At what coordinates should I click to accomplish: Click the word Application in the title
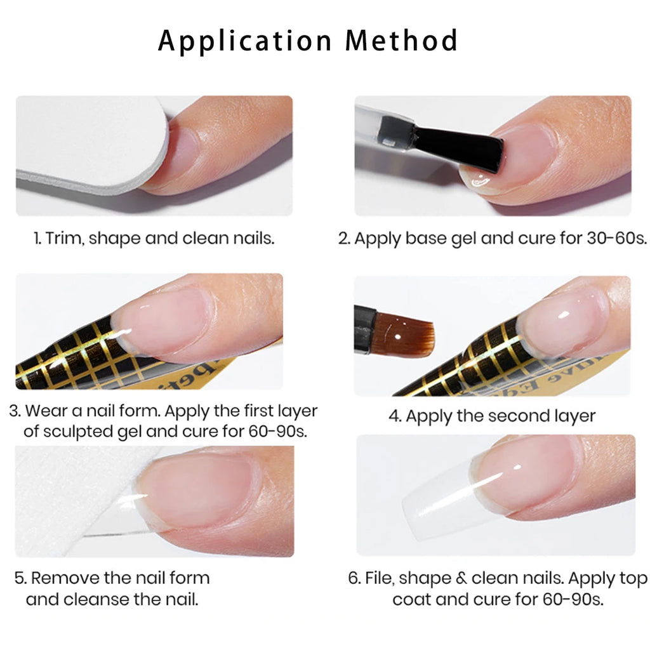[245, 41]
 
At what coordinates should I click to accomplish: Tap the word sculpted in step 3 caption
[78, 432]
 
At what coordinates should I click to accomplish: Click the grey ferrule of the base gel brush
[396, 131]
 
